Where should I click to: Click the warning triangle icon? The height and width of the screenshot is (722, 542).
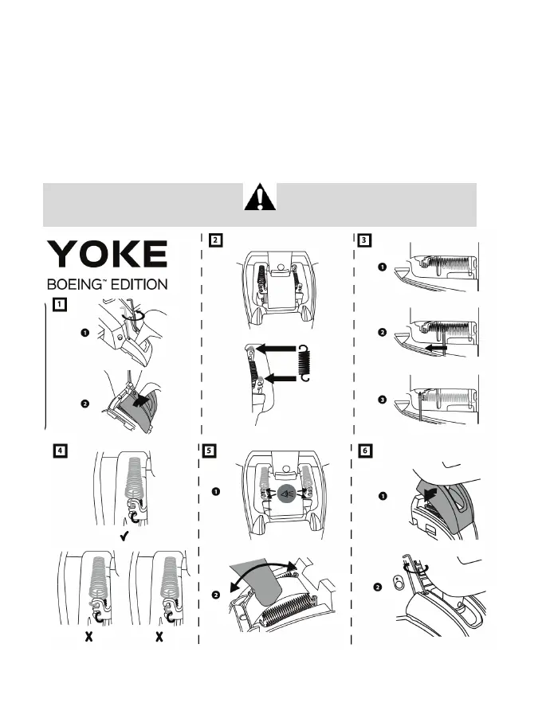[260, 196]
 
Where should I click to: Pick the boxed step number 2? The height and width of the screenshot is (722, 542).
[216, 239]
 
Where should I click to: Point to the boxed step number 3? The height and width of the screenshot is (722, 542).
[364, 239]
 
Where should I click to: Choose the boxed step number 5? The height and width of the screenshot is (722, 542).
[210, 451]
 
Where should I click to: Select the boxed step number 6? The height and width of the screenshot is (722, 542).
[364, 451]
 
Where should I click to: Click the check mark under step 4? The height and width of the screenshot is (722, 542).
[124, 539]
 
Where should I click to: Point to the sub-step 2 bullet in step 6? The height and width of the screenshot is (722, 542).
[379, 587]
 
